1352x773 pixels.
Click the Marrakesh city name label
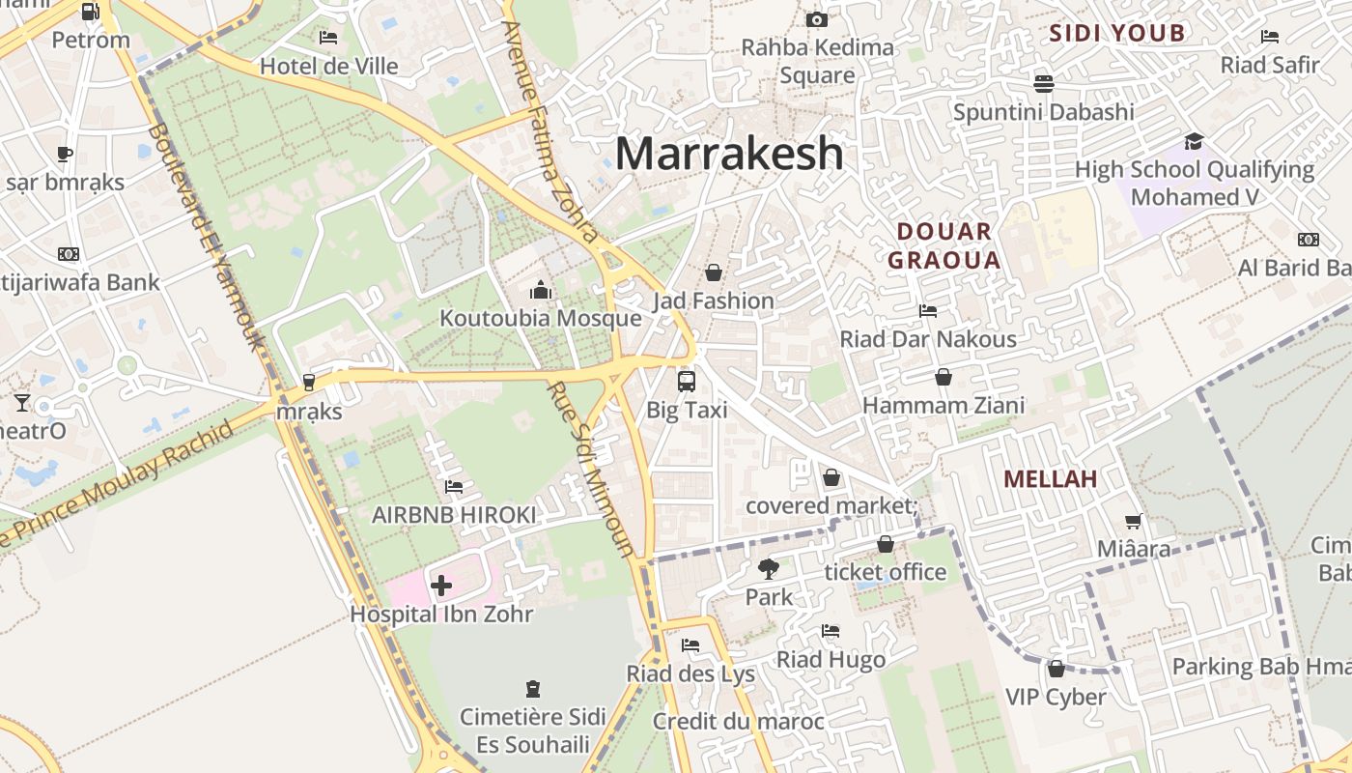729,154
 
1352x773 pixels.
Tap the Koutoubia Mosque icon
540,290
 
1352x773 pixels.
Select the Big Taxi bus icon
686,381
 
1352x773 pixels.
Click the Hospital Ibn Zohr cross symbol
441,585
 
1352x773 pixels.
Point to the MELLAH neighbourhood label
1050,478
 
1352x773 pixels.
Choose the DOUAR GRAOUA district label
944,245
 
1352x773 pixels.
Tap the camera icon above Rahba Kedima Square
816,19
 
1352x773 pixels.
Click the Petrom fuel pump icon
90,12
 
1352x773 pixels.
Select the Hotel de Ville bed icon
328,38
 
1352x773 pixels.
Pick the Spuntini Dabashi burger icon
1043,83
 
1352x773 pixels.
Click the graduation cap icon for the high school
1194,141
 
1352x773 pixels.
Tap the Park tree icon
769,568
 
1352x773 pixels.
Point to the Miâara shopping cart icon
1133,521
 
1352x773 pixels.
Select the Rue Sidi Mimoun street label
591,469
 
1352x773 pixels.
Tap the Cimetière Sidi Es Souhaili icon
532,689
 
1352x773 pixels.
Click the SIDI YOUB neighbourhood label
1116,34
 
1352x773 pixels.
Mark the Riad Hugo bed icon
831,631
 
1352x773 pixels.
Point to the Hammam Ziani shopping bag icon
943,377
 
